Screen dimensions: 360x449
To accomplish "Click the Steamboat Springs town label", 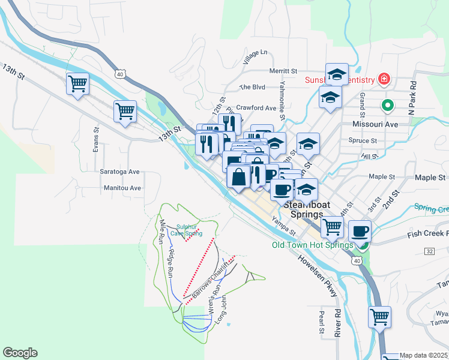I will [x=307, y=209].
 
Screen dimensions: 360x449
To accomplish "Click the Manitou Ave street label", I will [x=122, y=188].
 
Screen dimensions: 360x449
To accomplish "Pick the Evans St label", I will [x=96, y=139].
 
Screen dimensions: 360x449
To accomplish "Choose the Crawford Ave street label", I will [x=256, y=108].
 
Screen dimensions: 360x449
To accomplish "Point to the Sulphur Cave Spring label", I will [x=187, y=229].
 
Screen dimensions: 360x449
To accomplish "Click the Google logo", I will [x=20, y=353].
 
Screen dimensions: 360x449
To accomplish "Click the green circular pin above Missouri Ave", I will [x=388, y=106].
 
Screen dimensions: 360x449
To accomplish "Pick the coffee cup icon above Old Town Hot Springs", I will [x=360, y=230].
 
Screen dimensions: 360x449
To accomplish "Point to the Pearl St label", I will [x=322, y=322].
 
